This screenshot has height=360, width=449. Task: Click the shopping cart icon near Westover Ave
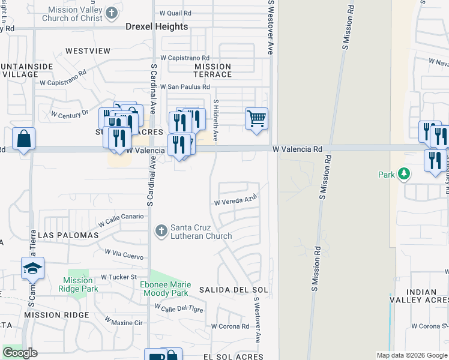[x=256, y=119]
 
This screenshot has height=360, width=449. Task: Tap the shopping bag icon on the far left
[x=23, y=139]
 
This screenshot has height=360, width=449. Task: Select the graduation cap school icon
[x=33, y=268]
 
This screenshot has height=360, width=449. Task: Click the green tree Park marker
[x=405, y=175]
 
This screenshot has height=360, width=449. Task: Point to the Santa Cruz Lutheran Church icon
[x=161, y=230]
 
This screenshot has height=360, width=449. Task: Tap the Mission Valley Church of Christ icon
[x=112, y=13]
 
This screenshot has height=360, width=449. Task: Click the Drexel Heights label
[x=157, y=26]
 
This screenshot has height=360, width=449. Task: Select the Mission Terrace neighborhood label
[x=212, y=70]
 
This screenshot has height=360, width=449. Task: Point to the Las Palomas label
[x=68, y=236]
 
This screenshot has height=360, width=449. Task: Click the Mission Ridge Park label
[x=78, y=284]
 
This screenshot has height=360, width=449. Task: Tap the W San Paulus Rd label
[x=184, y=87]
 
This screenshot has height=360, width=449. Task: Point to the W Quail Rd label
[x=175, y=13]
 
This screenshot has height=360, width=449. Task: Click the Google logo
[x=20, y=353]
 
